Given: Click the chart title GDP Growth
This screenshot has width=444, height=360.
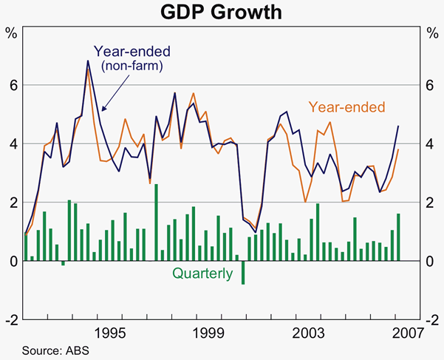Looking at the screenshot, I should [x=222, y=12].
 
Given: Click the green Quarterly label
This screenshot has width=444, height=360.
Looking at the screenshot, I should [x=202, y=273].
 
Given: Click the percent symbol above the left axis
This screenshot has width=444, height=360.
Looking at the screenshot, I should [x=12, y=33].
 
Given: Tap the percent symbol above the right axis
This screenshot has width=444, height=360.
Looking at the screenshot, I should [x=431, y=33].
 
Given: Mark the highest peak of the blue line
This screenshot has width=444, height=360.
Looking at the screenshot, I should [x=88, y=61].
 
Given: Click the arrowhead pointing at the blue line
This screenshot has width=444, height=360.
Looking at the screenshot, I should [x=102, y=110].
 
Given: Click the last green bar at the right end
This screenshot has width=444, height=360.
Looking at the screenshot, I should [x=398, y=237].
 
